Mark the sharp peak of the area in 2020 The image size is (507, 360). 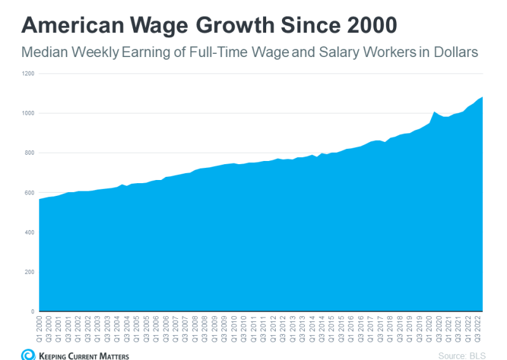click(434, 112)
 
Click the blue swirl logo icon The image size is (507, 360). click(28, 354)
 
